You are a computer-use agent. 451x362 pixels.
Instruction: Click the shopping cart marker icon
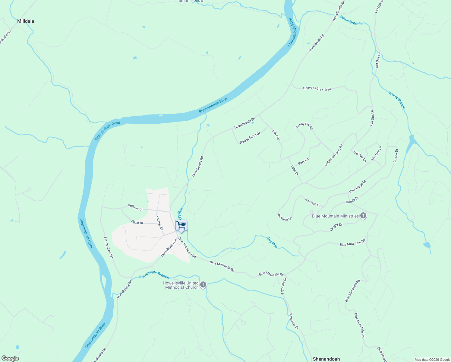(181, 225)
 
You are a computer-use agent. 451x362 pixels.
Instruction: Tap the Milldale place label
(26, 21)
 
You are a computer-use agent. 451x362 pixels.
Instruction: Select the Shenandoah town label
(326, 359)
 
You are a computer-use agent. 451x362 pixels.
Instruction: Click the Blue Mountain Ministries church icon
(363, 216)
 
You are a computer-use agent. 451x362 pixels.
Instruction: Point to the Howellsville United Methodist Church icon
(203, 284)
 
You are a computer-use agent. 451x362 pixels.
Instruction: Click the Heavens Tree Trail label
(317, 89)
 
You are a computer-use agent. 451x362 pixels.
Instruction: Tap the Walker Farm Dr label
(250, 138)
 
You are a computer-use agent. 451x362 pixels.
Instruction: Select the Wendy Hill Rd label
(304, 126)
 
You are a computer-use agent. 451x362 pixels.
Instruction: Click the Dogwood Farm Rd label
(334, 155)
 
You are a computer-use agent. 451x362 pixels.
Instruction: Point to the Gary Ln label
(303, 161)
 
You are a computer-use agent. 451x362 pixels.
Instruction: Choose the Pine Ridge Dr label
(358, 186)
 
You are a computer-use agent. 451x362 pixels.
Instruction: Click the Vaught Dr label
(336, 227)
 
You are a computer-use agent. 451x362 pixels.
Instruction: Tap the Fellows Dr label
(135, 208)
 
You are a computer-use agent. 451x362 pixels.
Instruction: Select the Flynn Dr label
(137, 223)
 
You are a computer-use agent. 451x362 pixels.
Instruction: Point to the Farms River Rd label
(109, 247)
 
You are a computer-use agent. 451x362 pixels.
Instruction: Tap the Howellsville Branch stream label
(153, 275)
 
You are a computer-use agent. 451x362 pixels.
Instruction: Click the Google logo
(10, 358)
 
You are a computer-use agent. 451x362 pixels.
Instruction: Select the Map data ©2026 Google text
(432, 360)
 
